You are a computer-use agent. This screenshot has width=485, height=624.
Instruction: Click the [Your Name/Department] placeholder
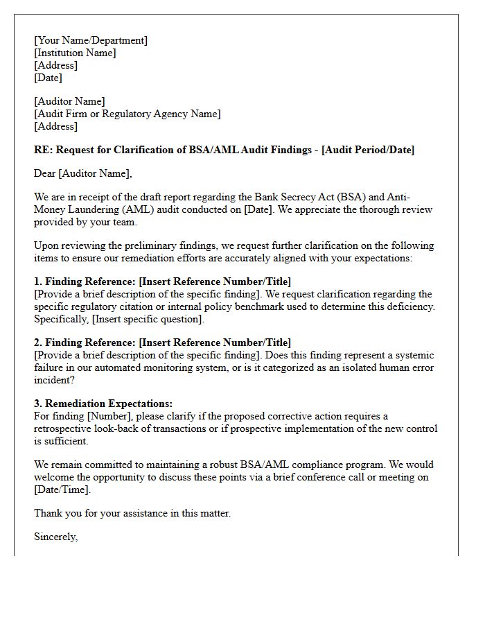pyautogui.click(x=91, y=40)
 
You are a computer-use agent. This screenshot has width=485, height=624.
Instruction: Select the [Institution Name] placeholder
pyautogui.click(x=75, y=53)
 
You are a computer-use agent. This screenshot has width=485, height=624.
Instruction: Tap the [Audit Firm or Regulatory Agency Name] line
pyautogui.click(x=127, y=114)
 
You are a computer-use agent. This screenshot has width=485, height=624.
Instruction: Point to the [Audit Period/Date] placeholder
pyautogui.click(x=368, y=150)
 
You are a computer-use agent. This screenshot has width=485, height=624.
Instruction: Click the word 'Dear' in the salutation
pyautogui.click(x=45, y=173)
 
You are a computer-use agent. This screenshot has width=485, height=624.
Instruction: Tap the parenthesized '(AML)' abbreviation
pyautogui.click(x=143, y=210)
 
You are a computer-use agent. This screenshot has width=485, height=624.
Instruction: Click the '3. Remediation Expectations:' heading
pyautogui.click(x=103, y=404)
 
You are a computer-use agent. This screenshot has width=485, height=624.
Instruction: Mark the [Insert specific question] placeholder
pyautogui.click(x=148, y=319)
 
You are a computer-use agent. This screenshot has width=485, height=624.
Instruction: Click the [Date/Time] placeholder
pyautogui.click(x=62, y=489)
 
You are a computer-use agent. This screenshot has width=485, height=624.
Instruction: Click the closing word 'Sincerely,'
pyautogui.click(x=56, y=537)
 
